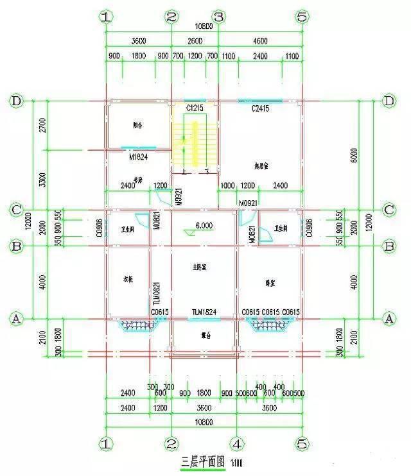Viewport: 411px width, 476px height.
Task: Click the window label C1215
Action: [x=195, y=108]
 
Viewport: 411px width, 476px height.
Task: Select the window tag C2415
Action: [x=260, y=108]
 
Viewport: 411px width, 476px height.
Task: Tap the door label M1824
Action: [x=139, y=155]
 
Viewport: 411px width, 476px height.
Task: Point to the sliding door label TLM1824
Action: [x=204, y=312]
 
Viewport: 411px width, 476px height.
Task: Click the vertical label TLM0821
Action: [x=156, y=297]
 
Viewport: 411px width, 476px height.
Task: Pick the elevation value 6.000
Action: [x=204, y=225]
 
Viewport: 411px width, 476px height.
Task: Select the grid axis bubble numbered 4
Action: [x=237, y=443]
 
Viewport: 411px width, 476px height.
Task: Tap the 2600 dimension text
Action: [x=195, y=40]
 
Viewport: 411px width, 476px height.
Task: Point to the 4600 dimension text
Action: [x=260, y=40]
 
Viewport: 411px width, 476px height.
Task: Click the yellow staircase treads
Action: [x=184, y=144]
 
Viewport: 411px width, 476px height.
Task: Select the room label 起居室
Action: [x=260, y=166]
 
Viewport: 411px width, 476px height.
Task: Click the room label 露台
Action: [x=204, y=335]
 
